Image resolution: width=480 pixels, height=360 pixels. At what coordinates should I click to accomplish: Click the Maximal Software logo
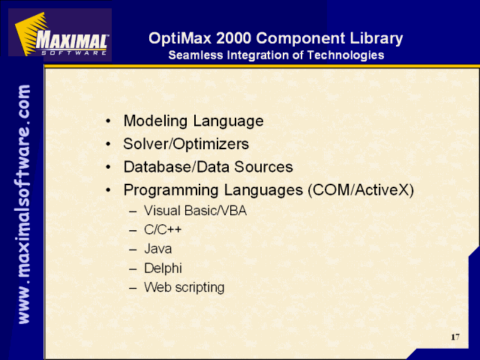(60, 34)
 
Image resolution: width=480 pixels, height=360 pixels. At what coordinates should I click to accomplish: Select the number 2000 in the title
(233, 38)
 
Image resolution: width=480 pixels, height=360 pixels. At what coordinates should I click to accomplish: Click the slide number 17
(455, 337)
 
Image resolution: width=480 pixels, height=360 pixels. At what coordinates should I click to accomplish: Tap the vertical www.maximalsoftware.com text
(24, 204)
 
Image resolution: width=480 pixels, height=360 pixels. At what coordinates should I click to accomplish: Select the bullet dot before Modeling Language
(108, 121)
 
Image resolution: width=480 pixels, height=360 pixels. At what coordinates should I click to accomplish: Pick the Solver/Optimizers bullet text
(186, 144)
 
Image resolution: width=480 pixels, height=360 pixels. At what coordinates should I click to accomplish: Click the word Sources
(263, 166)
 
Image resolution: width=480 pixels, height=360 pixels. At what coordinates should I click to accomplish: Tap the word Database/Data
(177, 166)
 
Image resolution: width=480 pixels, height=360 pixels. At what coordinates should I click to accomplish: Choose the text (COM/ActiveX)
(361, 190)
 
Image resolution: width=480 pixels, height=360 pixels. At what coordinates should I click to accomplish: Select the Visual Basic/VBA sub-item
(195, 211)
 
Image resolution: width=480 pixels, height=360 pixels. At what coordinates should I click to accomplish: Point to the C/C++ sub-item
(163, 229)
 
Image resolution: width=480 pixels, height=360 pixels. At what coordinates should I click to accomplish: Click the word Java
(158, 249)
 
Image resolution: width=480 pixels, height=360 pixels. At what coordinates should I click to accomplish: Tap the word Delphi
(163, 268)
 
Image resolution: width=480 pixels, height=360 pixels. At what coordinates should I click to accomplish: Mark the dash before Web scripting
(133, 288)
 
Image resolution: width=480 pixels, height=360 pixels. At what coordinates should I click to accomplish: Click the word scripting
(200, 288)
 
